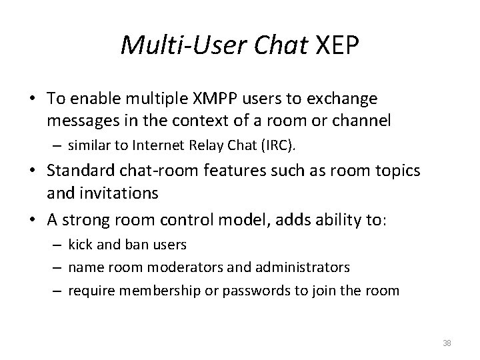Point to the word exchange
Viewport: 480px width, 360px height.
(x=345, y=99)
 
